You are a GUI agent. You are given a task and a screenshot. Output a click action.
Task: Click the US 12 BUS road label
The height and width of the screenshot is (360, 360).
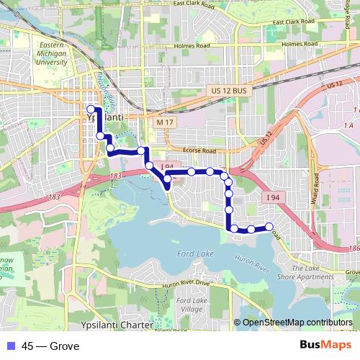click(x=230, y=90)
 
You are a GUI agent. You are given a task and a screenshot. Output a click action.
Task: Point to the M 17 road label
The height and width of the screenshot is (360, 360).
click(x=166, y=123)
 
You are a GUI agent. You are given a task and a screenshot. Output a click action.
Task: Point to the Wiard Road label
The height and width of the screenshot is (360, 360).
click(x=314, y=189)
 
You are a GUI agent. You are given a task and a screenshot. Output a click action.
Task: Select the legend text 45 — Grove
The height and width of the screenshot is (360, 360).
click(x=50, y=346)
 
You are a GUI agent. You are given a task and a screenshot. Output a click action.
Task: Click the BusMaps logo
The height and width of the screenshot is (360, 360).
click(x=325, y=346)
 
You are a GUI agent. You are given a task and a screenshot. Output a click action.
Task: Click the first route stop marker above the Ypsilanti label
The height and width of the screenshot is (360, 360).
click(x=91, y=109)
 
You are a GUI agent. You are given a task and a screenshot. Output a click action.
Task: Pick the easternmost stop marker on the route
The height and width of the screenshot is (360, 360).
click(x=269, y=227)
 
